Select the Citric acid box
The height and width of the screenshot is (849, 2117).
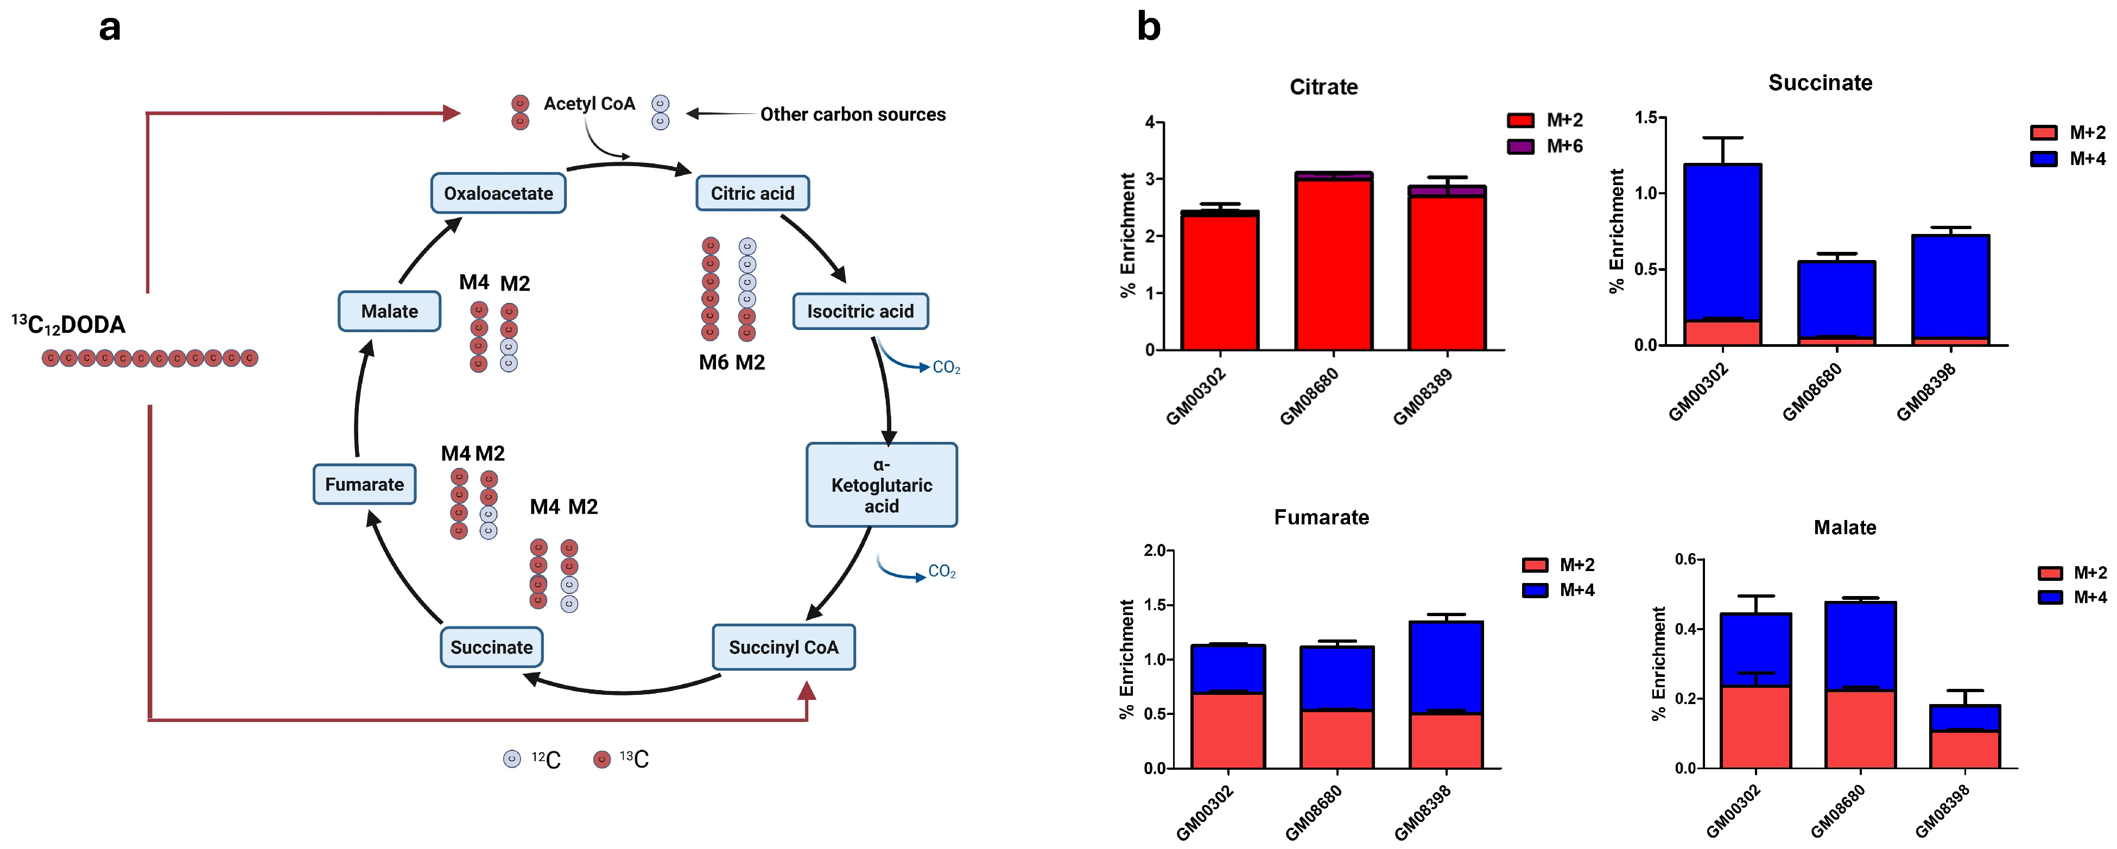(x=752, y=193)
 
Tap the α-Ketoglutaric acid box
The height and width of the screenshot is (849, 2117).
(x=881, y=485)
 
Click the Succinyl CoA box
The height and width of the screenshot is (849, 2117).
(x=783, y=647)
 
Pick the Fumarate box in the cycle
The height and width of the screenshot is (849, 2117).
(x=364, y=484)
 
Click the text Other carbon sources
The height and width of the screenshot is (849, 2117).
(x=852, y=114)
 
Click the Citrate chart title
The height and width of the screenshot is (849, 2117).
(x=1323, y=87)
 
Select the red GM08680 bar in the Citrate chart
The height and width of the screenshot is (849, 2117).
(x=1333, y=263)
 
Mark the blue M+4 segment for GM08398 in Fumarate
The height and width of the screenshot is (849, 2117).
(x=1447, y=666)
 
